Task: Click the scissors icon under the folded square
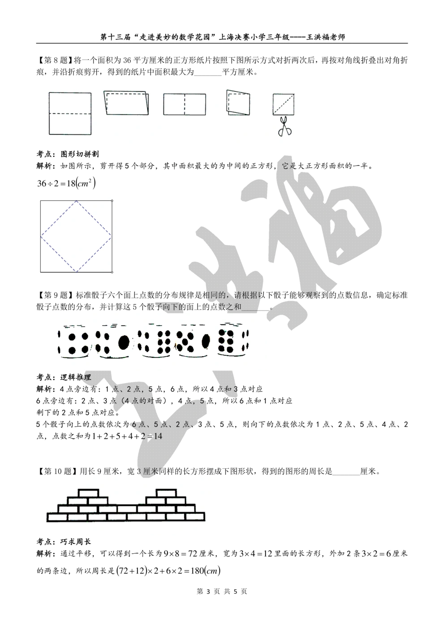coord(284,126)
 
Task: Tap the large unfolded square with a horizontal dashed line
coord(70,113)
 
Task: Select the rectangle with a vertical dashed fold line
coord(185,104)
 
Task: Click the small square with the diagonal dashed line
coord(283,104)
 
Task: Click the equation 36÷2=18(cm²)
coord(66,183)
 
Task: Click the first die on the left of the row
coord(74,341)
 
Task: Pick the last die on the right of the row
coord(233,340)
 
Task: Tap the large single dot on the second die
coord(124,342)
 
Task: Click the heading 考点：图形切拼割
coord(68,154)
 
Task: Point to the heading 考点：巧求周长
coord(64,542)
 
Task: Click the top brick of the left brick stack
coord(88,493)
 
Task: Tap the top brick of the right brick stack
coord(166,493)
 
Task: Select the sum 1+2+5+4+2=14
coord(127,436)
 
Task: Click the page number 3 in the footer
coord(208,591)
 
